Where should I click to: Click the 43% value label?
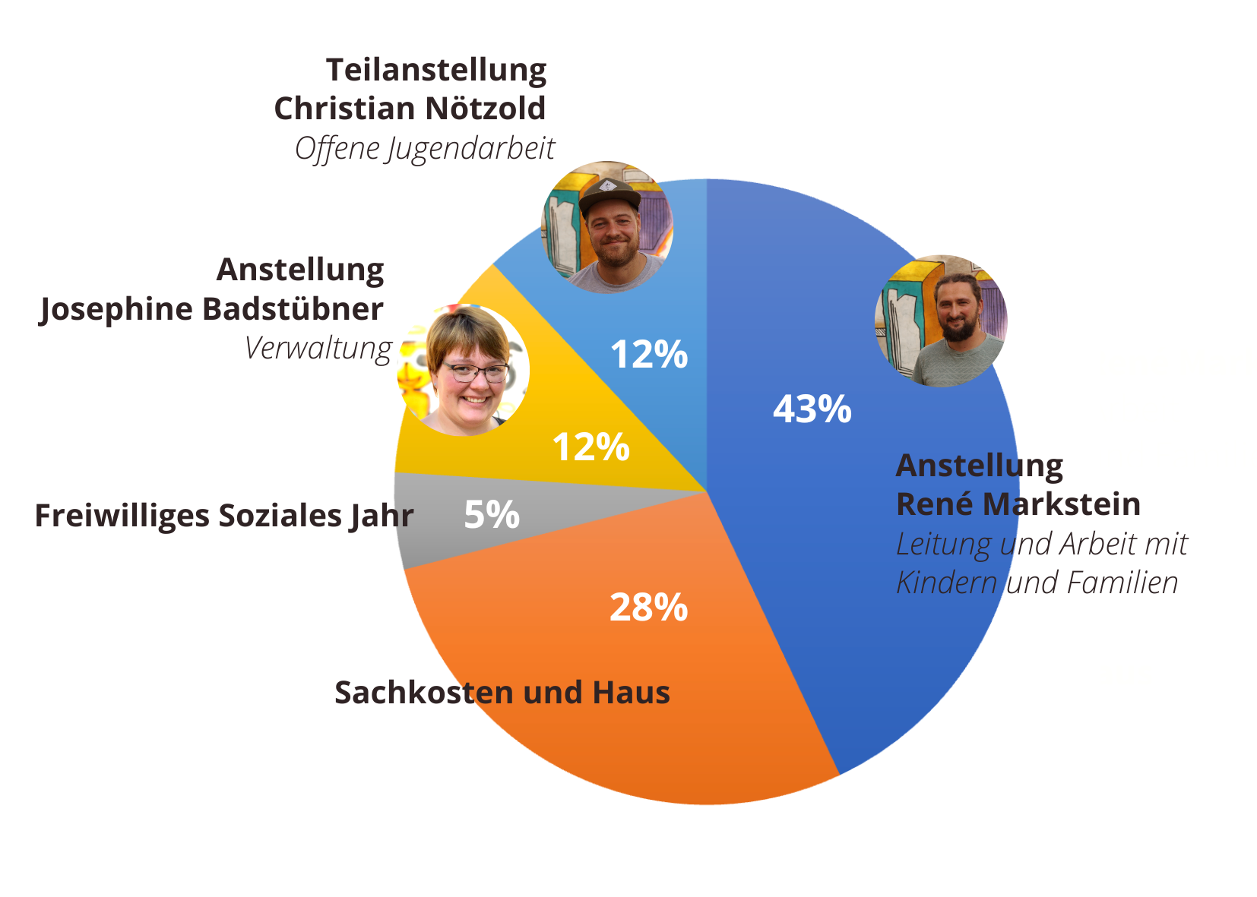(812, 409)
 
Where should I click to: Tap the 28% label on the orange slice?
(648, 608)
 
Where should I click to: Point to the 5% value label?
(492, 515)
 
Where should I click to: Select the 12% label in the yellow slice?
(591, 447)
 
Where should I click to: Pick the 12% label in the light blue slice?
(648, 355)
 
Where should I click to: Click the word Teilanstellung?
(436, 70)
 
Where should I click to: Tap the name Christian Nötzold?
(410, 109)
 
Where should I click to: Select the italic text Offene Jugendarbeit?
(425, 149)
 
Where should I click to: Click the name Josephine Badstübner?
(211, 309)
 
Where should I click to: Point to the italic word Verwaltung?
(318, 349)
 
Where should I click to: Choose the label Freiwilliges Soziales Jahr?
(224, 516)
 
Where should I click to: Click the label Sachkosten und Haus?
(502, 693)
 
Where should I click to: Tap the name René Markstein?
(1018, 504)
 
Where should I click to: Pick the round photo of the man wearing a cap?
(607, 226)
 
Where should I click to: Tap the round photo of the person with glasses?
(464, 370)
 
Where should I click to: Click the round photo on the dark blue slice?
(941, 321)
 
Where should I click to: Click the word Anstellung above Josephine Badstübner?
(300, 270)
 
